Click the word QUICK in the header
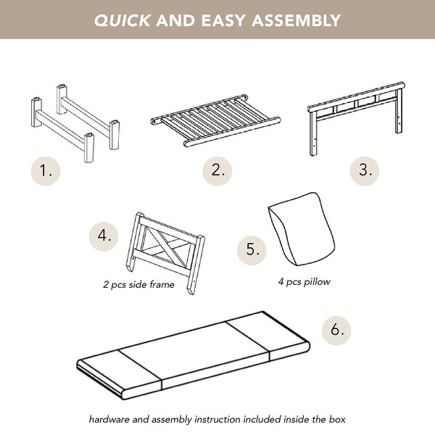tap(123, 20)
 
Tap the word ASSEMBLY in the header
tap(296, 20)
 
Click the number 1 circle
tap(46, 170)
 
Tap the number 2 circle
tap(217, 170)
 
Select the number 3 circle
tap(365, 170)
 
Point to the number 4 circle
tap(104, 236)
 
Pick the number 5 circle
tap(252, 250)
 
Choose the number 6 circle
tap(336, 330)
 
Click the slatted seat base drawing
tap(216, 120)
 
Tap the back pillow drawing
tap(302, 229)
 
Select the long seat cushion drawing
tap(193, 355)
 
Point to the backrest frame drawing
tap(356, 119)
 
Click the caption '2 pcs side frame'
tap(138, 284)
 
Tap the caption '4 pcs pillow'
tap(304, 282)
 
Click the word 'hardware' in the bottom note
tap(109, 419)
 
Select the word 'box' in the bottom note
tap(337, 419)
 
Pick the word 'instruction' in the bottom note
tap(218, 419)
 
